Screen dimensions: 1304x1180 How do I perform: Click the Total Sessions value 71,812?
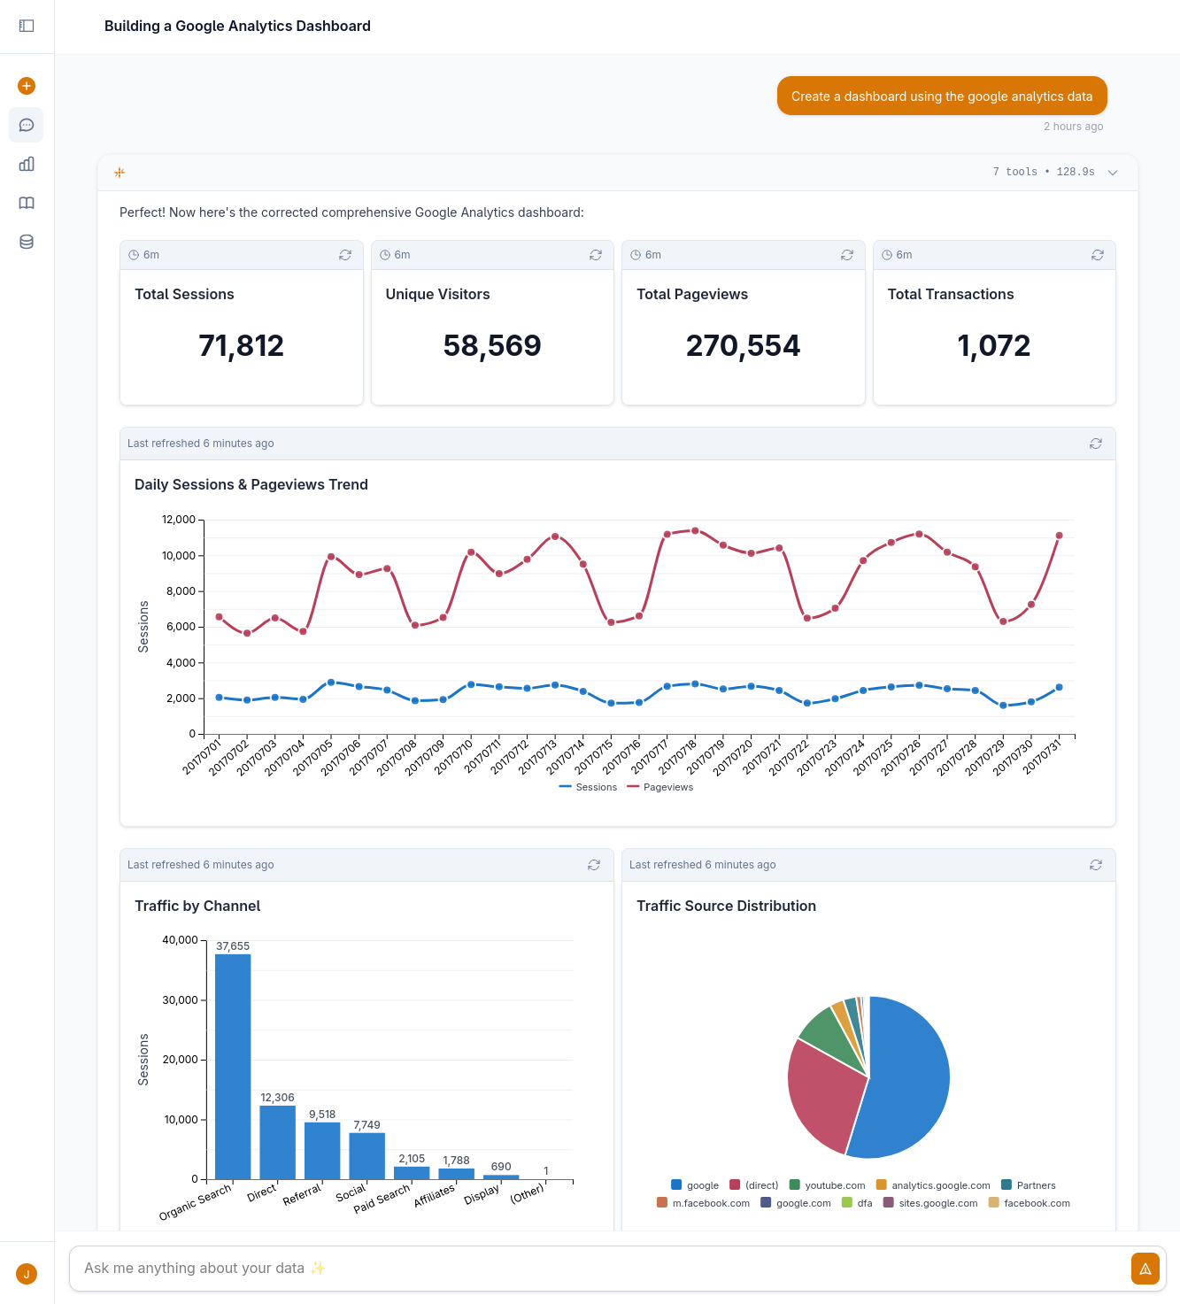click(241, 345)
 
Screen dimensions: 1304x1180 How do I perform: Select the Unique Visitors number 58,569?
click(492, 345)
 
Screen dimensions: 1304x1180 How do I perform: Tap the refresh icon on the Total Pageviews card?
click(846, 255)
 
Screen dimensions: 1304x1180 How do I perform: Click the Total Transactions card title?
click(950, 294)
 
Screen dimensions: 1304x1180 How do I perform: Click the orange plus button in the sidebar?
click(27, 86)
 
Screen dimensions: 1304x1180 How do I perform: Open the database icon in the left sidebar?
click(27, 242)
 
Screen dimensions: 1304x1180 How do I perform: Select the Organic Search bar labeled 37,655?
click(233, 1066)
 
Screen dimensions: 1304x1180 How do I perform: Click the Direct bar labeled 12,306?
click(277, 1142)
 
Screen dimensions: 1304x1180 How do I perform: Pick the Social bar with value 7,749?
click(366, 1155)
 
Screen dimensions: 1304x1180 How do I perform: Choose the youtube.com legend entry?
click(827, 1185)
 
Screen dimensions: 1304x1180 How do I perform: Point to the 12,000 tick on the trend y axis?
click(179, 520)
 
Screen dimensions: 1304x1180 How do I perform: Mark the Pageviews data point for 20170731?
click(1059, 536)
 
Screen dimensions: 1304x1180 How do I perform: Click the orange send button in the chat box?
click(1145, 1269)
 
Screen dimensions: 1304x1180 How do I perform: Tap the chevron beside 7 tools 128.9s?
click(1113, 173)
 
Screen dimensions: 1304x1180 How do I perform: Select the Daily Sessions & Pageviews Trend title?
click(251, 484)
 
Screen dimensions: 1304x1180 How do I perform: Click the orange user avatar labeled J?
click(27, 1274)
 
